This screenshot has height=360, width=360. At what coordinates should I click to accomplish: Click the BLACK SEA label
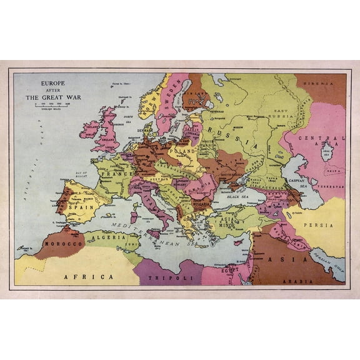[x=238, y=196]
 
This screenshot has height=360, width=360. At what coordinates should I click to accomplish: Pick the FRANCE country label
[x=117, y=173]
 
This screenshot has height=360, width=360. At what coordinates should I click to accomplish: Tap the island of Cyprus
[x=236, y=241]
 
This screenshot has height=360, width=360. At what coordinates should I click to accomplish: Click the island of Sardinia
[x=134, y=217]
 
